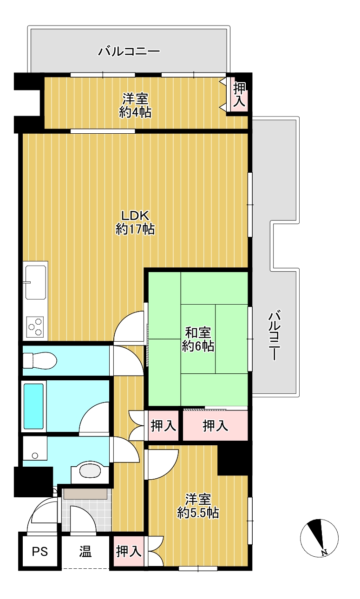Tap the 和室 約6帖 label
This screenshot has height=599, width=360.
[x=198, y=339]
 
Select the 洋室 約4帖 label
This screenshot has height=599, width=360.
[x=135, y=105]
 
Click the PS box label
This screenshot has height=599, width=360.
[x=40, y=551]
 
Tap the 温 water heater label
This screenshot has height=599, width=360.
[x=85, y=551]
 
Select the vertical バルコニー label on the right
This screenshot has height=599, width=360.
[x=275, y=336]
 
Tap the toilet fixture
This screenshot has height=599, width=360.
[x=39, y=360]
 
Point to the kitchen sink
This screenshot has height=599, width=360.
[x=35, y=282]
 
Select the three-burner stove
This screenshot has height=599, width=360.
[x=35, y=327]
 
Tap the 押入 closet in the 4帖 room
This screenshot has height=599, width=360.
[x=239, y=94]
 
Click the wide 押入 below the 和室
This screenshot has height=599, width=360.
[x=216, y=426]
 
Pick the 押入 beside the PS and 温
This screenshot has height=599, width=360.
[x=129, y=551]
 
